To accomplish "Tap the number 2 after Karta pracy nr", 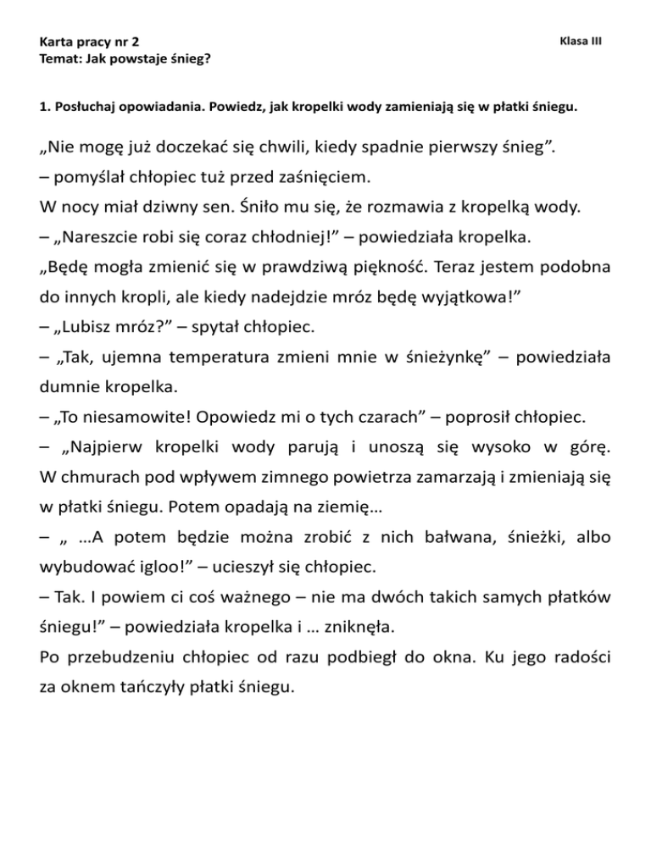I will [136, 42].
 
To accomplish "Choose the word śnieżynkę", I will [433, 346].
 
